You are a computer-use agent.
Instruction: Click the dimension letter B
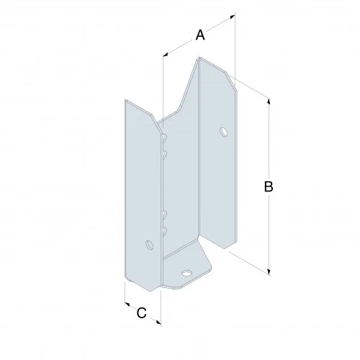click(x=267, y=186)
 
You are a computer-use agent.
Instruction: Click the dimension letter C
click(x=141, y=312)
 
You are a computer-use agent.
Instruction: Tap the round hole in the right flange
click(x=222, y=132)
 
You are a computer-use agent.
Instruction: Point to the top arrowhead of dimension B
click(x=270, y=101)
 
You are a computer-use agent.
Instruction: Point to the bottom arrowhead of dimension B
click(x=270, y=270)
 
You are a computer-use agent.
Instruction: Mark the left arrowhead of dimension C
click(x=126, y=303)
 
